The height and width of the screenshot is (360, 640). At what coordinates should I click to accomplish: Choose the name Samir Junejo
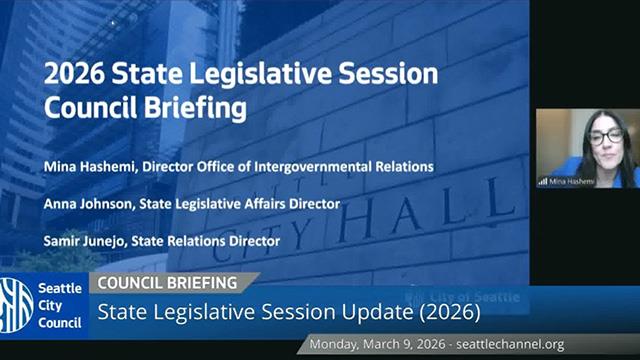88,241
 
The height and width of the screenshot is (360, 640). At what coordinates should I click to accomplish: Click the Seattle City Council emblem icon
18,302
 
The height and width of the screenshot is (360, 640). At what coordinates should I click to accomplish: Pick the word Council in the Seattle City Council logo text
61,322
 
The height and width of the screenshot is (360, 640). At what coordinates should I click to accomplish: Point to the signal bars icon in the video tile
543,181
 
